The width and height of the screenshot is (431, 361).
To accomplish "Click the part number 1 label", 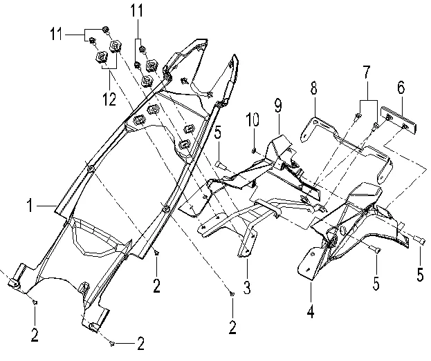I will point(32,204).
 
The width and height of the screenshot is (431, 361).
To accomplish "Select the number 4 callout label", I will point(311,312).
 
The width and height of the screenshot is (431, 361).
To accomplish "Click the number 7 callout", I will point(366,71).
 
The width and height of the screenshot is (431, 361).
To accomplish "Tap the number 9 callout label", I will point(278,106).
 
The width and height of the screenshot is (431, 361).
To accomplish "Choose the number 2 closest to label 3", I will point(232,324).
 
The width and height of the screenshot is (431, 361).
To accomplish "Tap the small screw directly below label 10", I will point(254,149).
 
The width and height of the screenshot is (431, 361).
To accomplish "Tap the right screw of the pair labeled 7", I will point(375,126).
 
